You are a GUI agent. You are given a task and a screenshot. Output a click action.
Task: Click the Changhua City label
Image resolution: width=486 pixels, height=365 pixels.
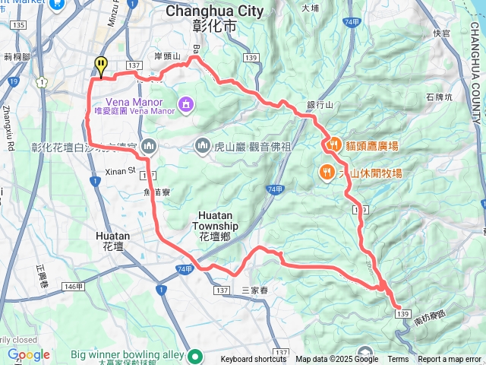pyautogui.click(x=214, y=11)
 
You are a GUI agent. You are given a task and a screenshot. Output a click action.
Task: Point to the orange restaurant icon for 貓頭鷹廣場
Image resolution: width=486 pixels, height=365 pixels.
pyautogui.click(x=333, y=144)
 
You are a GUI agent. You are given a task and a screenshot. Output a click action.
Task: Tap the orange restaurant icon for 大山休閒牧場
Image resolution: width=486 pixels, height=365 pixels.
pyautogui.click(x=327, y=173)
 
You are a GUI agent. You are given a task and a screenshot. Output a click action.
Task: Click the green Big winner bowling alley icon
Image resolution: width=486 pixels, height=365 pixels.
pyautogui.click(x=195, y=355)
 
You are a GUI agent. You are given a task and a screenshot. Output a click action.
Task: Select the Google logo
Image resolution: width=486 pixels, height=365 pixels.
pyautogui.click(x=28, y=354)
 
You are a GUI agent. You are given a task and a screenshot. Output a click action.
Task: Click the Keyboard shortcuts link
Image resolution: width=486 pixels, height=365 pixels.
pyautogui.click(x=254, y=360)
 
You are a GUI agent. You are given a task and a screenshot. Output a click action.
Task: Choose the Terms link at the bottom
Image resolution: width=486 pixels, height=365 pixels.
pyautogui.click(x=398, y=360)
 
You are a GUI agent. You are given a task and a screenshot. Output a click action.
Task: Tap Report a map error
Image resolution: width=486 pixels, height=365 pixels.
pyautogui.click(x=450, y=360)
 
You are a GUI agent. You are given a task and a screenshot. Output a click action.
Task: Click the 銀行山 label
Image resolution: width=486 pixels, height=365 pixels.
pyautogui.click(x=320, y=104)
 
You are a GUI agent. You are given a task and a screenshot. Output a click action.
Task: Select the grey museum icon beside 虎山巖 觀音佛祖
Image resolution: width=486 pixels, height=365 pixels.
pyautogui.click(x=203, y=144)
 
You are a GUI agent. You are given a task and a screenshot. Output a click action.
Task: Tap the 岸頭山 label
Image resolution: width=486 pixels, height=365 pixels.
pyautogui.click(x=166, y=56)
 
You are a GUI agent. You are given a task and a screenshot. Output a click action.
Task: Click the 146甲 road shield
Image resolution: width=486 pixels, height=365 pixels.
pyautogui.click(x=74, y=286)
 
